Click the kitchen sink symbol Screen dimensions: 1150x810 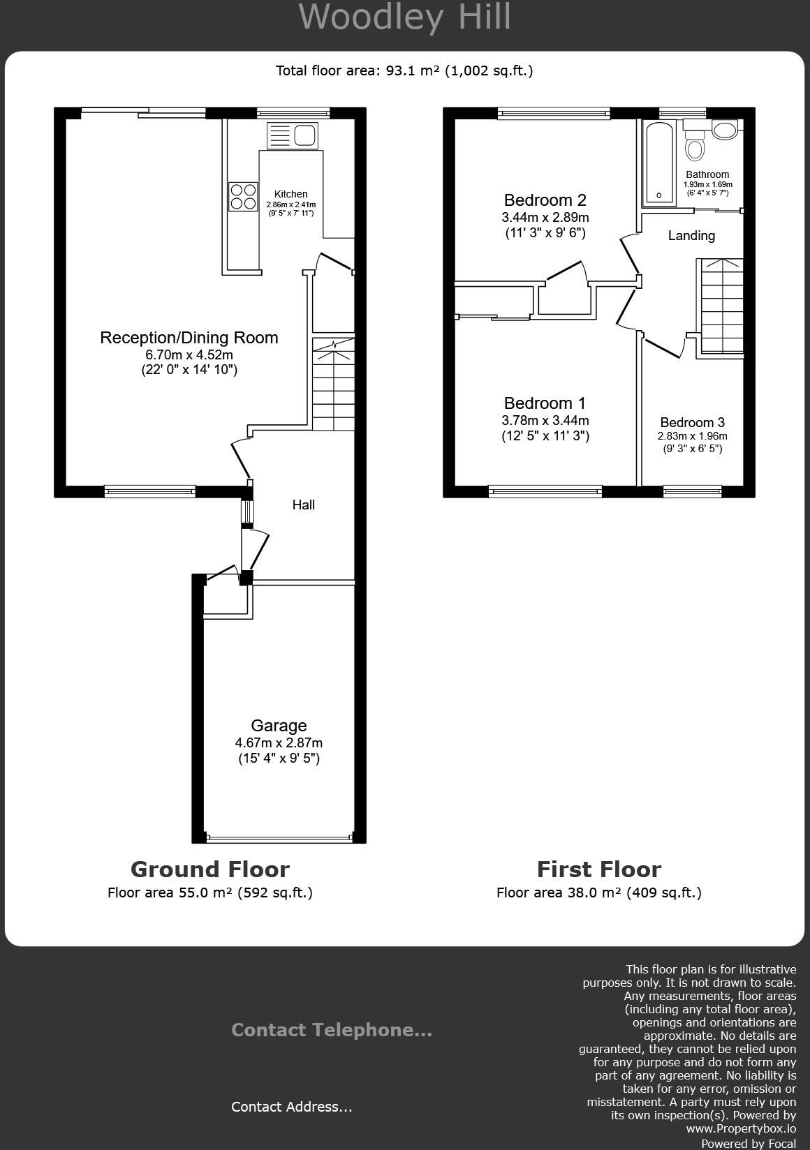pyautogui.click(x=292, y=135)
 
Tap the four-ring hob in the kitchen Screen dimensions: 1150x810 pyautogui.click(x=242, y=196)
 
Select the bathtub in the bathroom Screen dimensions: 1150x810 pyautogui.click(x=659, y=163)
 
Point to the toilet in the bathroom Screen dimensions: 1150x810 pyautogui.click(x=695, y=146)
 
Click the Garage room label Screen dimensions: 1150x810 pyautogui.click(x=279, y=726)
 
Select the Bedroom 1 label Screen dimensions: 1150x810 pyautogui.click(x=545, y=403)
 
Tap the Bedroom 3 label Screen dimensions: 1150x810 pyautogui.click(x=692, y=422)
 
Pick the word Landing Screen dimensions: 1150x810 pyautogui.click(x=691, y=236)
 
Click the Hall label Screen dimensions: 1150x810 pyautogui.click(x=303, y=505)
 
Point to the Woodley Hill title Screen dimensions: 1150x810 pyautogui.click(x=405, y=17)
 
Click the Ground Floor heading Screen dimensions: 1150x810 pyautogui.click(x=209, y=869)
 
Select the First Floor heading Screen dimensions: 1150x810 pyautogui.click(x=598, y=869)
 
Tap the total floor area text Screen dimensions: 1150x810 pyautogui.click(x=404, y=70)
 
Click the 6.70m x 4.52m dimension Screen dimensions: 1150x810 pyautogui.click(x=189, y=354)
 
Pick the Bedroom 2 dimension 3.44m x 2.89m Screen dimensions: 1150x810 pyautogui.click(x=545, y=217)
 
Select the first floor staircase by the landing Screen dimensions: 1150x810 pyautogui.click(x=721, y=307)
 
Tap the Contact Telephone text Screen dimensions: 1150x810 pyautogui.click(x=332, y=1030)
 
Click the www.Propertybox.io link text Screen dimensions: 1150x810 pyautogui.click(x=741, y=1128)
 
